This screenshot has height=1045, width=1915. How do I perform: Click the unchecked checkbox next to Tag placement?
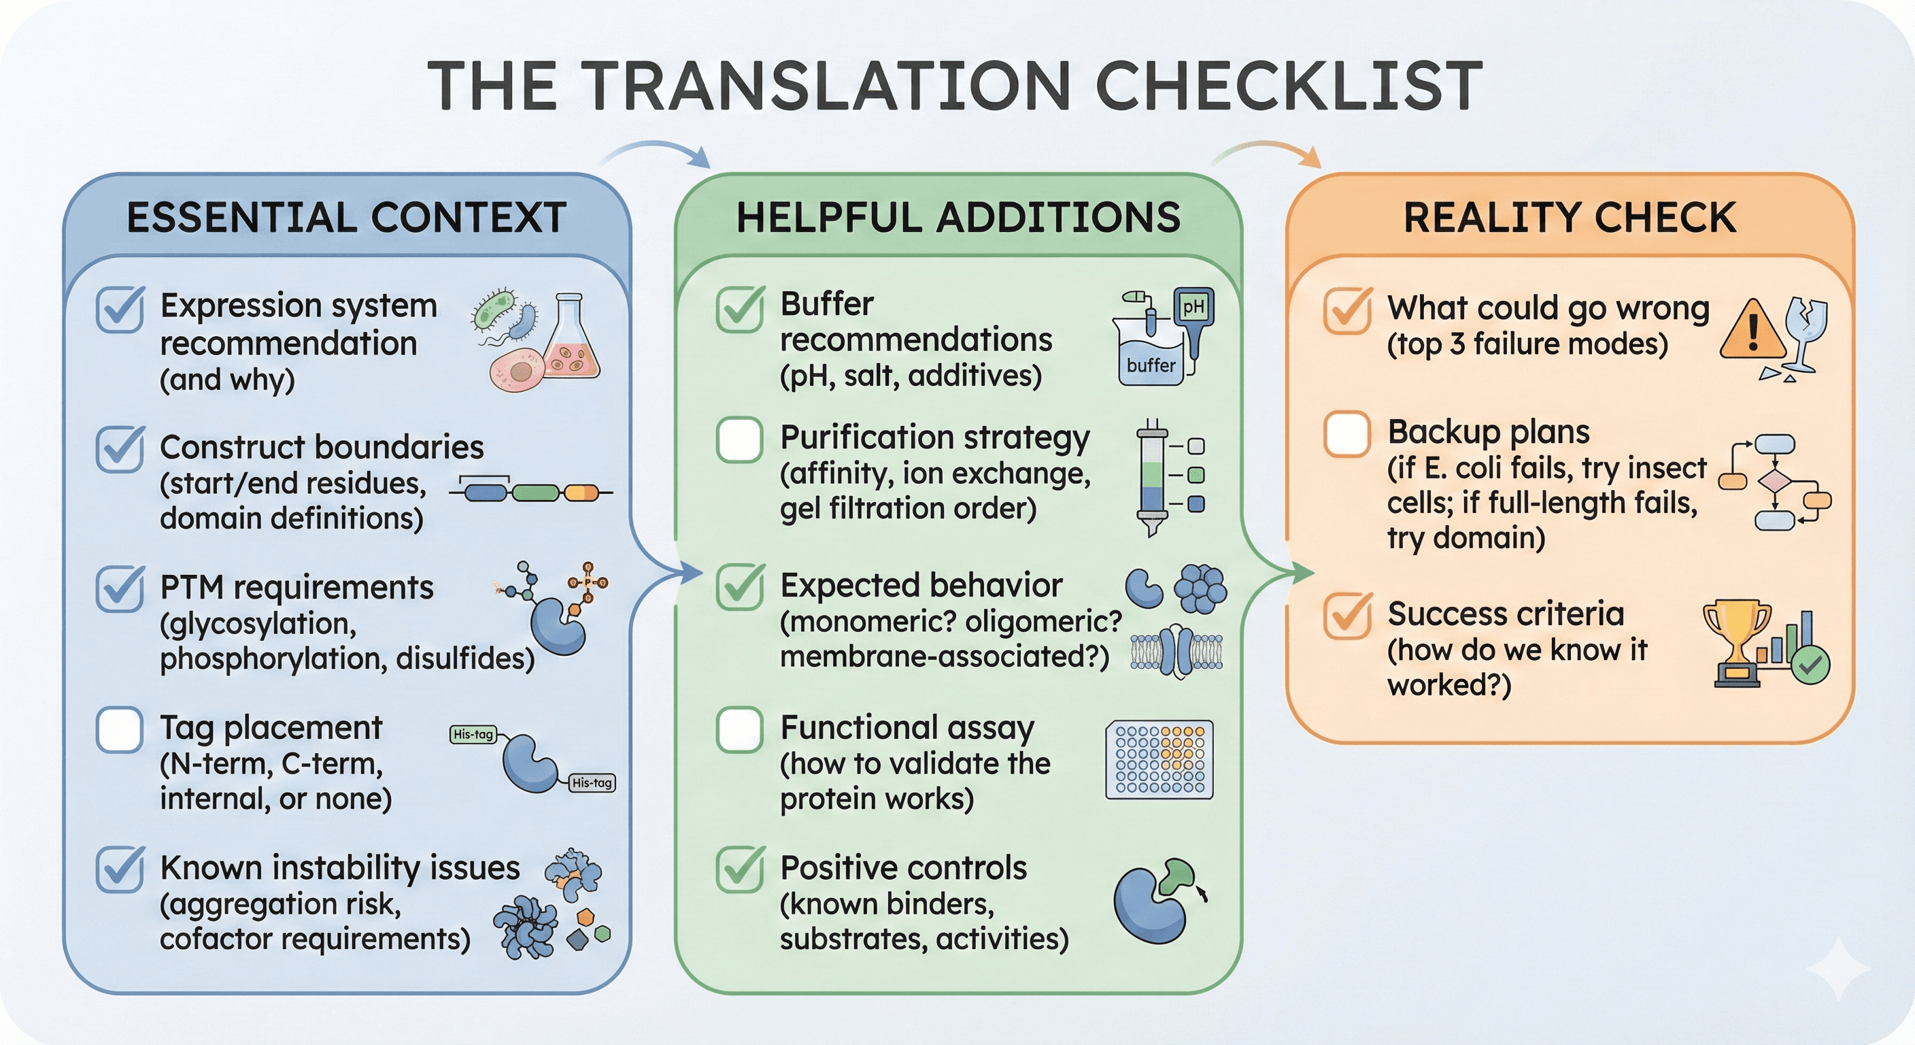119,729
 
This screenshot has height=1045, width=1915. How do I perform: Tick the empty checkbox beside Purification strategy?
739,439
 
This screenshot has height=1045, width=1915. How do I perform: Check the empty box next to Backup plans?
1346,433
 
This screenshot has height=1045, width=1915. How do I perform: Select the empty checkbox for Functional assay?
739,729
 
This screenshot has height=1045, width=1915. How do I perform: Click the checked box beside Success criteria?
1347,616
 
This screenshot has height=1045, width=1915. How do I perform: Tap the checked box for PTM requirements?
119,589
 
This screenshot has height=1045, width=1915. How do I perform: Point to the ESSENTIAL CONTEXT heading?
346,217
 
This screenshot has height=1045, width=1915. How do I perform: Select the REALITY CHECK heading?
1570,217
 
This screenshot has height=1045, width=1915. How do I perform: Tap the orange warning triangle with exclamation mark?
1752,331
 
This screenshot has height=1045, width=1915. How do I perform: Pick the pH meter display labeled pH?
1193,306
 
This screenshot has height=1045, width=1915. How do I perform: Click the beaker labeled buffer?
1151,357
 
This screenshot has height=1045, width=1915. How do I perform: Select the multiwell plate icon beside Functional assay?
1159,759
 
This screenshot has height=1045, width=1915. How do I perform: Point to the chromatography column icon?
1151,476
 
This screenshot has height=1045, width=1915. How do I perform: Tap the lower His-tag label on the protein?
592,782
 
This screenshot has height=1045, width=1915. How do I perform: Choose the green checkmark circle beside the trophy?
1810,664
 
